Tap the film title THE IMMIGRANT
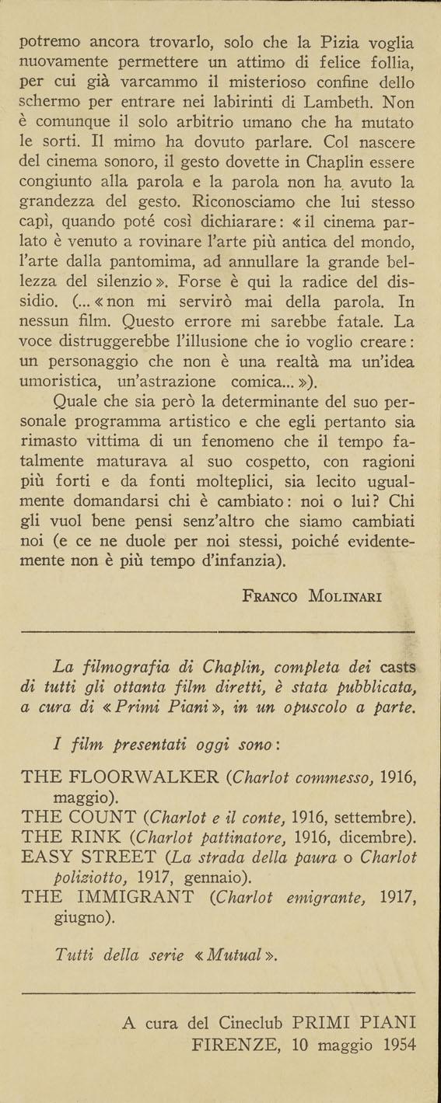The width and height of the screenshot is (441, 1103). [x=109, y=898]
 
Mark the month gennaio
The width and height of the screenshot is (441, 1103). [x=217, y=878]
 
